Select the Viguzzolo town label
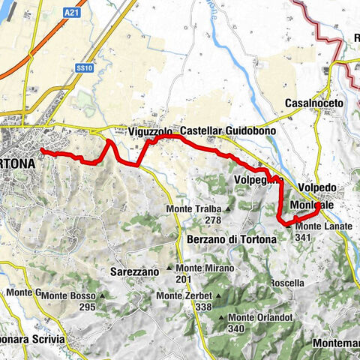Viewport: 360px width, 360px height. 151,131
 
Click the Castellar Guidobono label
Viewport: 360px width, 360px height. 228,131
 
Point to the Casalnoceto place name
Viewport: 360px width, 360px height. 314,103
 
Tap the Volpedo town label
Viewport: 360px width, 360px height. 316,187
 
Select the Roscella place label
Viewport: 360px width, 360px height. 288,283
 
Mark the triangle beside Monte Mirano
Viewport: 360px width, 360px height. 170,268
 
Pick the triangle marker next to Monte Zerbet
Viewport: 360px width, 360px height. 151,295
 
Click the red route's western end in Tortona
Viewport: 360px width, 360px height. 41,151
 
